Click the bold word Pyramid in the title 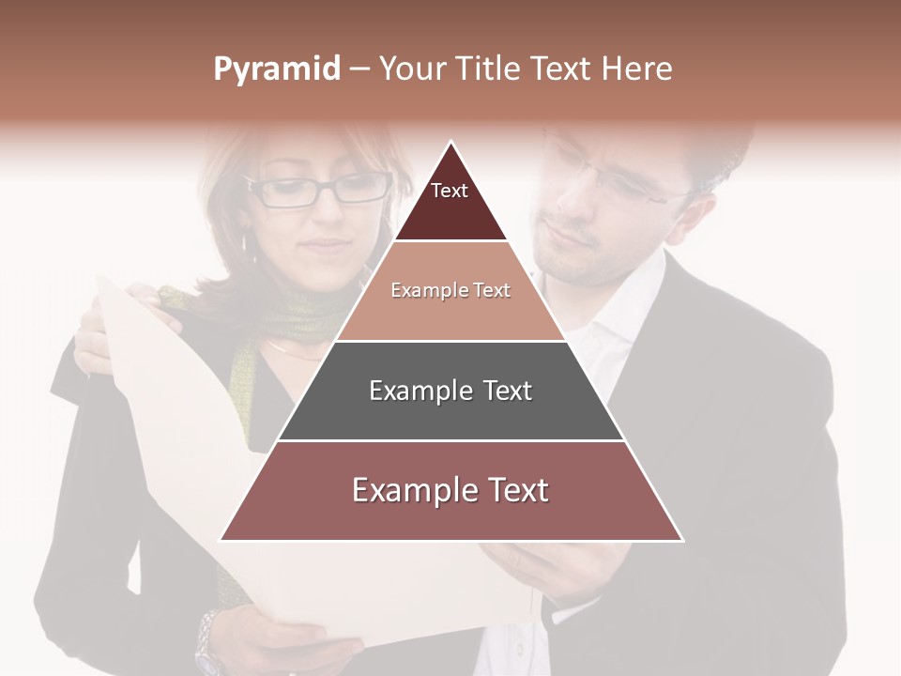tap(276, 69)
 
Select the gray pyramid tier tap(450, 391)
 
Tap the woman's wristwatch tap(209, 642)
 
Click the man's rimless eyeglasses tap(610, 184)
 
